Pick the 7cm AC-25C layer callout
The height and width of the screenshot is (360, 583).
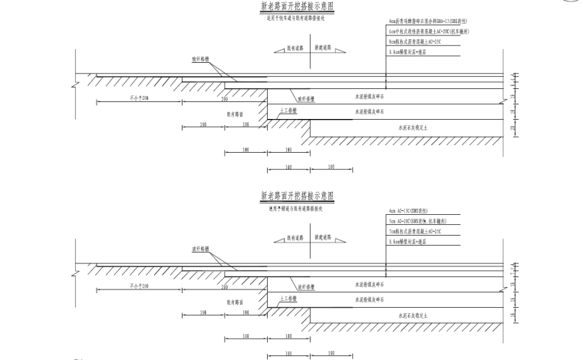pos(414,230)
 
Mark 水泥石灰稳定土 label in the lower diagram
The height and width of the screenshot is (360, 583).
pos(415,314)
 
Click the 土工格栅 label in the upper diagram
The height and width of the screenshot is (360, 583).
pos(288,111)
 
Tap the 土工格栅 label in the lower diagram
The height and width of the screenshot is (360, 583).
pos(288,297)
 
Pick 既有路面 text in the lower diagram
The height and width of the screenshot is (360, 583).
pos(235,302)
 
